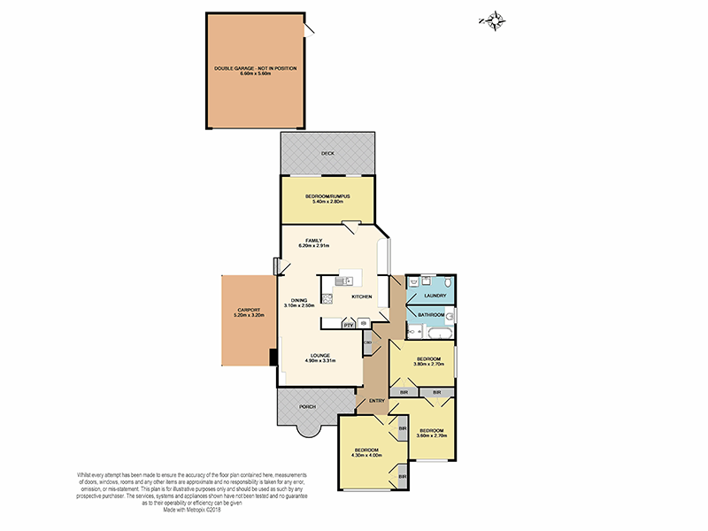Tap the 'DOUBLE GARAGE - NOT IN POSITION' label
[255, 68]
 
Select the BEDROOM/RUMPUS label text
[327, 196]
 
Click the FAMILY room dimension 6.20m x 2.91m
[314, 246]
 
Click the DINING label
[299, 299]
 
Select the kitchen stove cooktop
[327, 298]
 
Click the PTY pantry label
[348, 324]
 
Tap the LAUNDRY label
[435, 296]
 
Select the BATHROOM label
[431, 315]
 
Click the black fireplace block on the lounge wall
[273, 356]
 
